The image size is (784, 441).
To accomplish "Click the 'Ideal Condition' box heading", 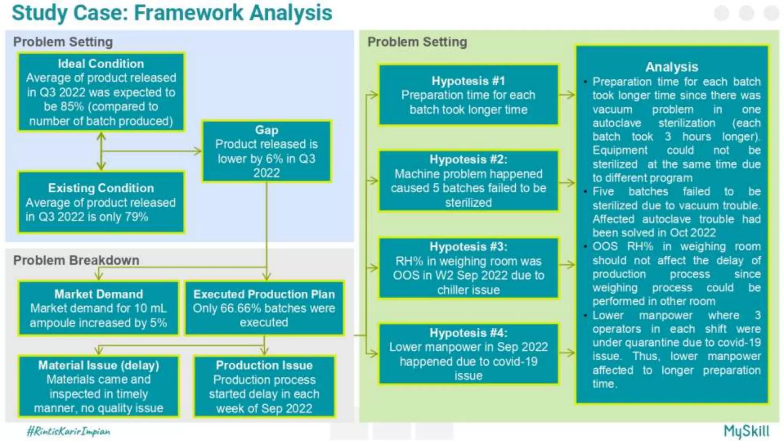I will [101, 64].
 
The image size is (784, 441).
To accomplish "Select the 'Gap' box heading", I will [266, 130].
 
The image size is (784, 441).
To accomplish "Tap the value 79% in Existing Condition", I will [136, 217].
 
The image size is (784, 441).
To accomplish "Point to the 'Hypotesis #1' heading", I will [468, 81].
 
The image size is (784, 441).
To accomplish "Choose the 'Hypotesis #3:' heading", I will [468, 247].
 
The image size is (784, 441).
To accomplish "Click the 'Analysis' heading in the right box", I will [671, 67].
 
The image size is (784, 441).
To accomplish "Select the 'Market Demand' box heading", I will [99, 294].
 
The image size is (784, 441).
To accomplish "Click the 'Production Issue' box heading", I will [264, 365].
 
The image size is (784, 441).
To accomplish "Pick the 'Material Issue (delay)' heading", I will [99, 365].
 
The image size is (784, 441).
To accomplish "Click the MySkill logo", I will [746, 431].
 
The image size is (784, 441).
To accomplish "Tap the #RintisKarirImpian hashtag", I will [69, 431].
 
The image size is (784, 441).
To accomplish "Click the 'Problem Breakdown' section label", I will [76, 260].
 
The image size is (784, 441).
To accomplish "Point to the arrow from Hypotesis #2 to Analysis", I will [567, 183].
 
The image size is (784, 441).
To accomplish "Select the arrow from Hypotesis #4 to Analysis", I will [567, 353].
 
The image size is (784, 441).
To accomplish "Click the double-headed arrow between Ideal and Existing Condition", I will [101, 151].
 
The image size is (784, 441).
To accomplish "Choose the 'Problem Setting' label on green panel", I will [417, 42].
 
